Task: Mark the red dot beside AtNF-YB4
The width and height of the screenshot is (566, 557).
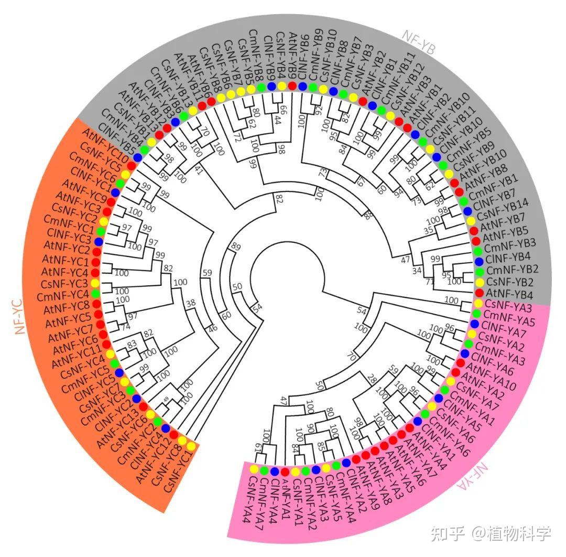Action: point(479,292)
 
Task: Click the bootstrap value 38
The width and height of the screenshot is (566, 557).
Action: point(190,303)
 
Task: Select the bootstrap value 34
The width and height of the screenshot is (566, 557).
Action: point(417,271)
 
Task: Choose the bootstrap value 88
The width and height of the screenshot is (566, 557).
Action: point(369,215)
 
